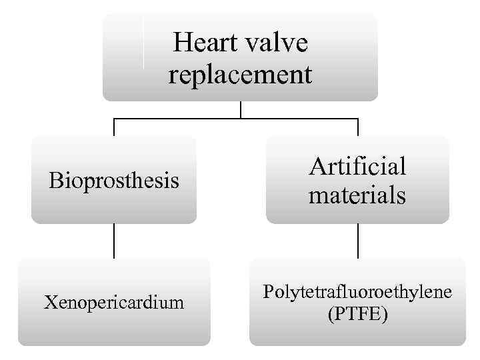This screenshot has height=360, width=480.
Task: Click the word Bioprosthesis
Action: [x=114, y=180]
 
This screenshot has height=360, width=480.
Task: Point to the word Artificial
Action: [x=357, y=166]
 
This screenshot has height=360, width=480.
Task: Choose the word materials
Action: [x=357, y=195]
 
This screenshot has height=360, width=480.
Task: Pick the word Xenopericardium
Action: [x=114, y=302]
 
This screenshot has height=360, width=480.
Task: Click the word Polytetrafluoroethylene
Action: [x=357, y=292]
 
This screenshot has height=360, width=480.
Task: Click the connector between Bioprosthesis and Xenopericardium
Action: [x=114, y=240]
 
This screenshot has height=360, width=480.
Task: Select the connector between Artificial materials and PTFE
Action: [x=358, y=240]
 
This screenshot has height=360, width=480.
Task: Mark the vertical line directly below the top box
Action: [x=240, y=110]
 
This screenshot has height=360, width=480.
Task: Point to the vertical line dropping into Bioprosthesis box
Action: [x=114, y=127]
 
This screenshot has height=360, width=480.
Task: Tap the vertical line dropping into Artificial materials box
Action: [x=358, y=127]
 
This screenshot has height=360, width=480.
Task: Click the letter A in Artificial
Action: [x=317, y=166]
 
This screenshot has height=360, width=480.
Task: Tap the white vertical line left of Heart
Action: [x=143, y=43]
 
